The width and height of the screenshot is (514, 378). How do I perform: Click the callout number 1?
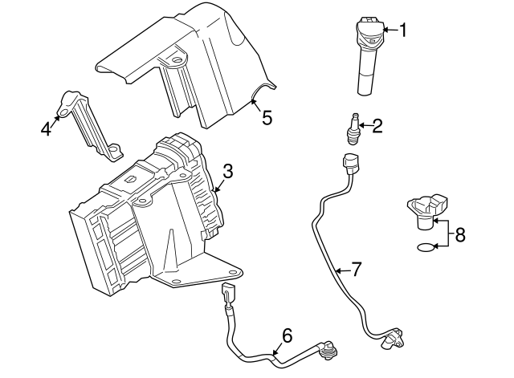tap(403, 30)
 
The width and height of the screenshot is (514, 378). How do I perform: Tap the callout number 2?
tap(376, 124)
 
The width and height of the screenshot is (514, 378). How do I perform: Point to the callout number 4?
tap(47, 128)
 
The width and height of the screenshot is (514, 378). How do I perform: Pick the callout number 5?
tap(267, 117)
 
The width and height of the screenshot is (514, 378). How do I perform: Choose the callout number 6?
tap(287, 335)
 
